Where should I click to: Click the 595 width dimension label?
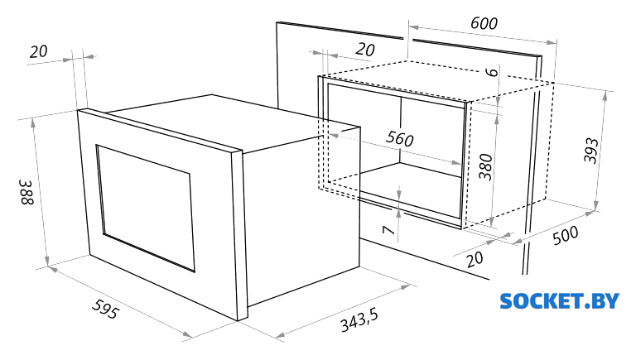tap(106, 309)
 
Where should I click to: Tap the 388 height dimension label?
tap(27, 192)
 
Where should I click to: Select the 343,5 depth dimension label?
tap(359, 320)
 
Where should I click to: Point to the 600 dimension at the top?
tap(484, 24)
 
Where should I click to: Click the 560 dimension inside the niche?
tap(400, 139)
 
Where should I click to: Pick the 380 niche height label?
tap(486, 166)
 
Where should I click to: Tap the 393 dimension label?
tap(591, 151)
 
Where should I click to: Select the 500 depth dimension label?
tap(566, 235)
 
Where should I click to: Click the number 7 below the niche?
tap(388, 230)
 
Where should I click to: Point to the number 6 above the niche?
tap(491, 72)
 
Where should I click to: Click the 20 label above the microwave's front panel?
tap(38, 51)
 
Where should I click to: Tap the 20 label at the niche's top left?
tap(365, 50)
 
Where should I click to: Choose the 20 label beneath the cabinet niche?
tap(474, 259)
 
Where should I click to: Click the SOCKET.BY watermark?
tap(559, 301)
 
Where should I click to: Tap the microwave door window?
tap(145, 208)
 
